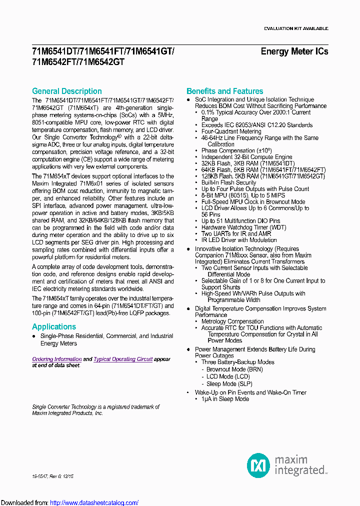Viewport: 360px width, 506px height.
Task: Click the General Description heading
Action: point(66,91)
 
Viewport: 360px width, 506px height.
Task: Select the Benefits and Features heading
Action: point(224,91)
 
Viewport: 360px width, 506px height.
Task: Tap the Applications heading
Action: point(53,326)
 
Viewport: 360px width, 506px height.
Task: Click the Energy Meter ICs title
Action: point(294,51)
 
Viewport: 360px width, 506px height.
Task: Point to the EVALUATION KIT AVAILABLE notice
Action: point(295,28)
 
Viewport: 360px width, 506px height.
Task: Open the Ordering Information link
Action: point(56,359)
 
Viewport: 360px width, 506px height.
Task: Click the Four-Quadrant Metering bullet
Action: point(231,131)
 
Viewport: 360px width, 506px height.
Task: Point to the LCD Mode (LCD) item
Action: point(228,376)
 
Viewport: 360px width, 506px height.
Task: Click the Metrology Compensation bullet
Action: point(232,321)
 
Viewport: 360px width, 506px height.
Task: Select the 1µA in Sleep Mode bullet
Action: point(225,399)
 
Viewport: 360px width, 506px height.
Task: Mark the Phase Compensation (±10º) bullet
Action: point(236,150)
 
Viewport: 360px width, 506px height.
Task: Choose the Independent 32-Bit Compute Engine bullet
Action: point(246,157)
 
